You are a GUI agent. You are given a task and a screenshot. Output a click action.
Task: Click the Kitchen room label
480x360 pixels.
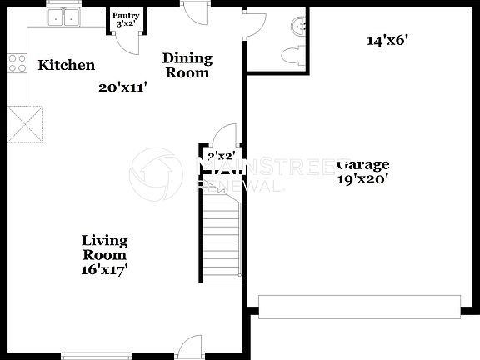[x=67, y=65]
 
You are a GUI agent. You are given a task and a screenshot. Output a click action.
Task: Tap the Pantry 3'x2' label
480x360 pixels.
[x=127, y=19]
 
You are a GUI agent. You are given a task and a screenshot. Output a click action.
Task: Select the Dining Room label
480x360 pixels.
[x=187, y=65]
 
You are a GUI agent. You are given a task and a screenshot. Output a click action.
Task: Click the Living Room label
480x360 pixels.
[x=105, y=247]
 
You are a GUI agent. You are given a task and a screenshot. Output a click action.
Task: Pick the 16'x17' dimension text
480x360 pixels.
[x=105, y=269]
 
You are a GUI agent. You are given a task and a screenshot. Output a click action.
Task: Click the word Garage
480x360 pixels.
[x=364, y=163]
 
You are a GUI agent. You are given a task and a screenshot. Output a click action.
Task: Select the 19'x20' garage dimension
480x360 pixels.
[x=364, y=177]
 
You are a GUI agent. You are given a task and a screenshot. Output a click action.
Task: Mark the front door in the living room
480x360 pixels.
[x=191, y=347]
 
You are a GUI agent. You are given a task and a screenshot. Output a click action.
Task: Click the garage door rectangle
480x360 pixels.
[x=359, y=306]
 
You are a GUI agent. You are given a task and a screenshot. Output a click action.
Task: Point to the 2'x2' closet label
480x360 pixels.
[x=221, y=156]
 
